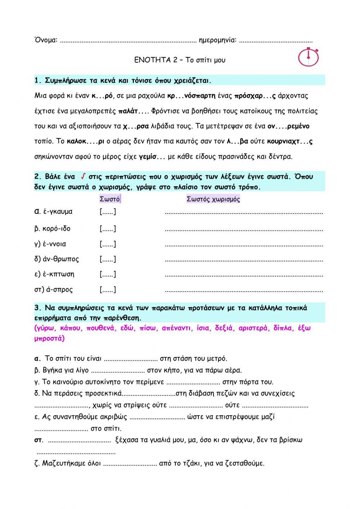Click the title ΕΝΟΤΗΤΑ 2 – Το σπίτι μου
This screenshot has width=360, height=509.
pos(180,60)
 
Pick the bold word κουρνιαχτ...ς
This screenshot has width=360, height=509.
pos(289,141)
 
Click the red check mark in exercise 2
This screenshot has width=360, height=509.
pos(83,177)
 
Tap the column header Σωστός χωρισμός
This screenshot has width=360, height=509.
pos(213,199)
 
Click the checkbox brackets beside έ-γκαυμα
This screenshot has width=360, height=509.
pos(108,212)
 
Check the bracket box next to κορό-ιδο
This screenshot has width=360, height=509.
pos(108,229)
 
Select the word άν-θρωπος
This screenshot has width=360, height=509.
pos(56,259)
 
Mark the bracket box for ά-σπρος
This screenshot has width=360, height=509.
pos(108,290)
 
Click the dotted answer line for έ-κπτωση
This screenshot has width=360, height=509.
pos(244,275)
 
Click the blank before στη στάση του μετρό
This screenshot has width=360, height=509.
pos(131,359)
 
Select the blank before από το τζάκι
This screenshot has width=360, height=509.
pos(130,464)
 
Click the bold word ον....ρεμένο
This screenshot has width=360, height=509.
pos(288,126)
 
